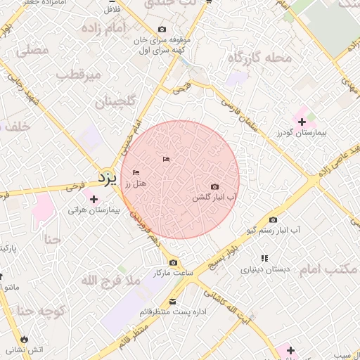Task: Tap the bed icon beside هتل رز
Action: coord(136,172)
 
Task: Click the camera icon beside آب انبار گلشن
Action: coord(214,187)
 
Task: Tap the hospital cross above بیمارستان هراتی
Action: coord(94,199)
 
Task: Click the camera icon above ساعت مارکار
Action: coord(173,262)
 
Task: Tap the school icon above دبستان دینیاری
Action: coord(264,258)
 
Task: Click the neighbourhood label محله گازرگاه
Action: coord(259,58)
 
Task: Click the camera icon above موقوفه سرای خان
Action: coord(162,30)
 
